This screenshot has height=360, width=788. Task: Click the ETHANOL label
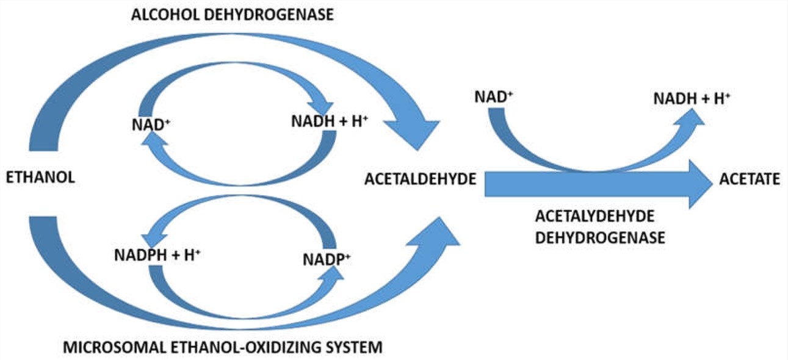click(40, 178)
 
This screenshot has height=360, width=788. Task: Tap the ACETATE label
click(749, 179)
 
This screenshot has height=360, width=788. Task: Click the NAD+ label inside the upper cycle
click(150, 124)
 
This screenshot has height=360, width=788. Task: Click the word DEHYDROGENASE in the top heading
click(272, 15)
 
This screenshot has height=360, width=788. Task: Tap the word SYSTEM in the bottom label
click(355, 348)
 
